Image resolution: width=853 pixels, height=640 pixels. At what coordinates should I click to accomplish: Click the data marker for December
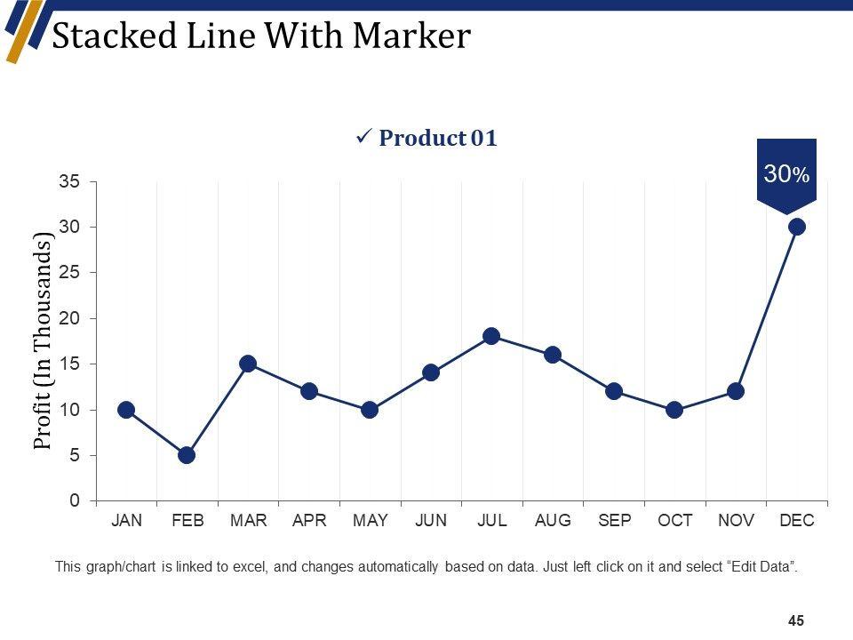click(797, 227)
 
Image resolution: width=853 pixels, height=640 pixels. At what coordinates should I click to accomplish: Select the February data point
click(187, 455)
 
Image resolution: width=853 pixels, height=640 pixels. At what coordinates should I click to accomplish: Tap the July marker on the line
click(491, 336)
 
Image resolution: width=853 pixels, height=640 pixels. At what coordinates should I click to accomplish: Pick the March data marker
click(248, 364)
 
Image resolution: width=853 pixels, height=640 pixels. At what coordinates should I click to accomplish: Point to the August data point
click(553, 355)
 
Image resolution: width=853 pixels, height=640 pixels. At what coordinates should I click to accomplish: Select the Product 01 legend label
click(437, 139)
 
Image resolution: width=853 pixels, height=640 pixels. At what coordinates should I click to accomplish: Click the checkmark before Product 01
click(363, 138)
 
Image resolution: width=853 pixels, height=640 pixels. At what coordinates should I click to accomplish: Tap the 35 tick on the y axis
click(69, 181)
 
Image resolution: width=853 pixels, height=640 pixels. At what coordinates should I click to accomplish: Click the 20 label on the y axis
click(69, 318)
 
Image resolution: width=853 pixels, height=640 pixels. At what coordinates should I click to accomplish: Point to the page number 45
click(796, 621)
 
